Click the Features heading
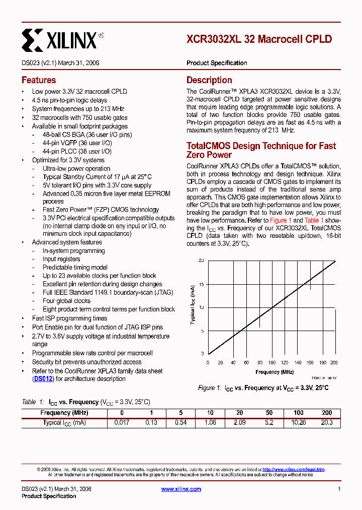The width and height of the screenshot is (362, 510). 39,80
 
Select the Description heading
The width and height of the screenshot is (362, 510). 209,80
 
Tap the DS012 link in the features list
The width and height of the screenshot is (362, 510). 43,379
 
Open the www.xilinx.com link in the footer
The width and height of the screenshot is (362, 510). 181,489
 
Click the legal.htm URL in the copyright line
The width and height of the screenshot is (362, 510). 294,469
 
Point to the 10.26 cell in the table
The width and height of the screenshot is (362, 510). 299,423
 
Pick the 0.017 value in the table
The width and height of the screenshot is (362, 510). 122,423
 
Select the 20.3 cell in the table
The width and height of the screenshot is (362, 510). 327,423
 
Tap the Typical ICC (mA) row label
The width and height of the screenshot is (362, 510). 64,423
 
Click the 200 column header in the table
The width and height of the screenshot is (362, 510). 327,413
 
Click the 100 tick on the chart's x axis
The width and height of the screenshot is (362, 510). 271,362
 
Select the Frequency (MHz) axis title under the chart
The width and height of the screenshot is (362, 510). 274,372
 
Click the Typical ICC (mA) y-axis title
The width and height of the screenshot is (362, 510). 193,304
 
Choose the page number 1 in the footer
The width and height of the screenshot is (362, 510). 339,489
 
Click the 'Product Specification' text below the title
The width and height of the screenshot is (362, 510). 217,63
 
